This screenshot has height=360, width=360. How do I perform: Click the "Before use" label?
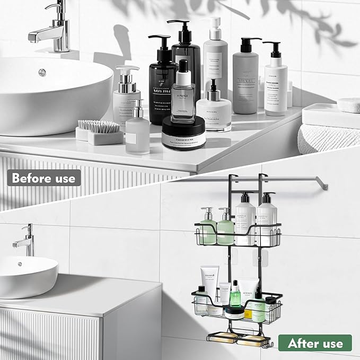coord(43,178)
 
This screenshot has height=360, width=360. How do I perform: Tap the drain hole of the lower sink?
coord(20,264)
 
